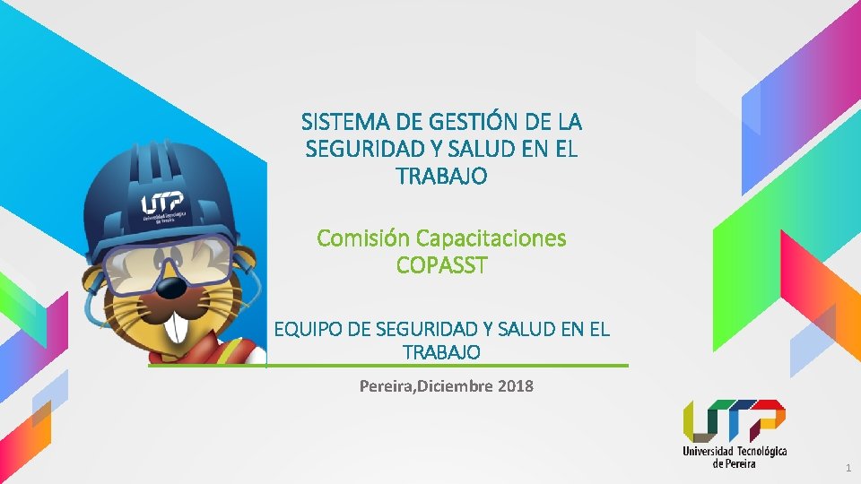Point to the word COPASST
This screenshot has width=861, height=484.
pyautogui.click(x=441, y=266)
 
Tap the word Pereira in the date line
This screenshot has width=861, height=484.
pyautogui.click(x=387, y=386)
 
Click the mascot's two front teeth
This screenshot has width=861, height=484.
pyautogui.click(x=179, y=326)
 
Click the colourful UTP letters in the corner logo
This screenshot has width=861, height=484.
pyautogui.click(x=734, y=420)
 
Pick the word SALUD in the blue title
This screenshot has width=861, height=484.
pyautogui.click(x=474, y=149)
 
